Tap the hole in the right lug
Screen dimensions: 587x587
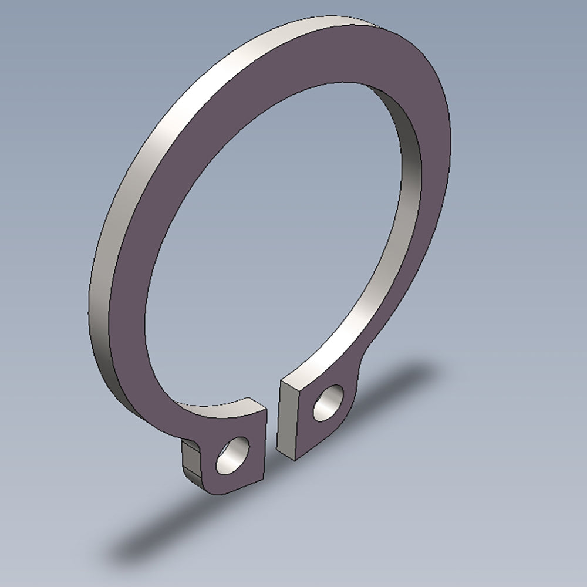tap(328, 403)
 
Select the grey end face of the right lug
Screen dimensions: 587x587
tap(286, 420)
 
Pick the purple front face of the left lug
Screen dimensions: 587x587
tap(249, 470)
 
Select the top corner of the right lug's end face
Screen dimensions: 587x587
tap(282, 382)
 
